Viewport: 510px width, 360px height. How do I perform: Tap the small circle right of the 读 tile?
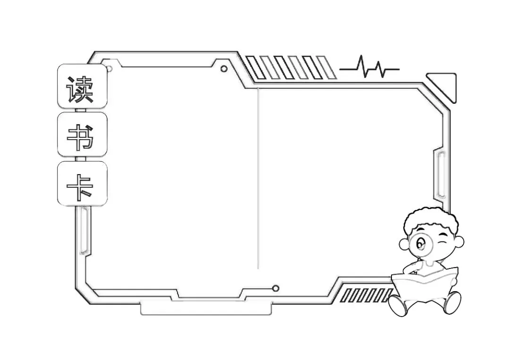coord(109,69)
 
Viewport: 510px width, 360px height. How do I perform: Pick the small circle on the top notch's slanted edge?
coord(224,69)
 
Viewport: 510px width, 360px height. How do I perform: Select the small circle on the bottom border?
coord(276,288)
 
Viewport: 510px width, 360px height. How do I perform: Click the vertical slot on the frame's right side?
coord(442,175)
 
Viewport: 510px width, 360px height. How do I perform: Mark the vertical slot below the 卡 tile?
coord(84,231)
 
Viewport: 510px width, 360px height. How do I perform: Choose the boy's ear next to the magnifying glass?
coord(404,244)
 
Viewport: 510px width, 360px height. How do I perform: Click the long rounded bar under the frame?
coord(206,309)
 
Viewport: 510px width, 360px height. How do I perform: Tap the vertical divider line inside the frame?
coord(258,179)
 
